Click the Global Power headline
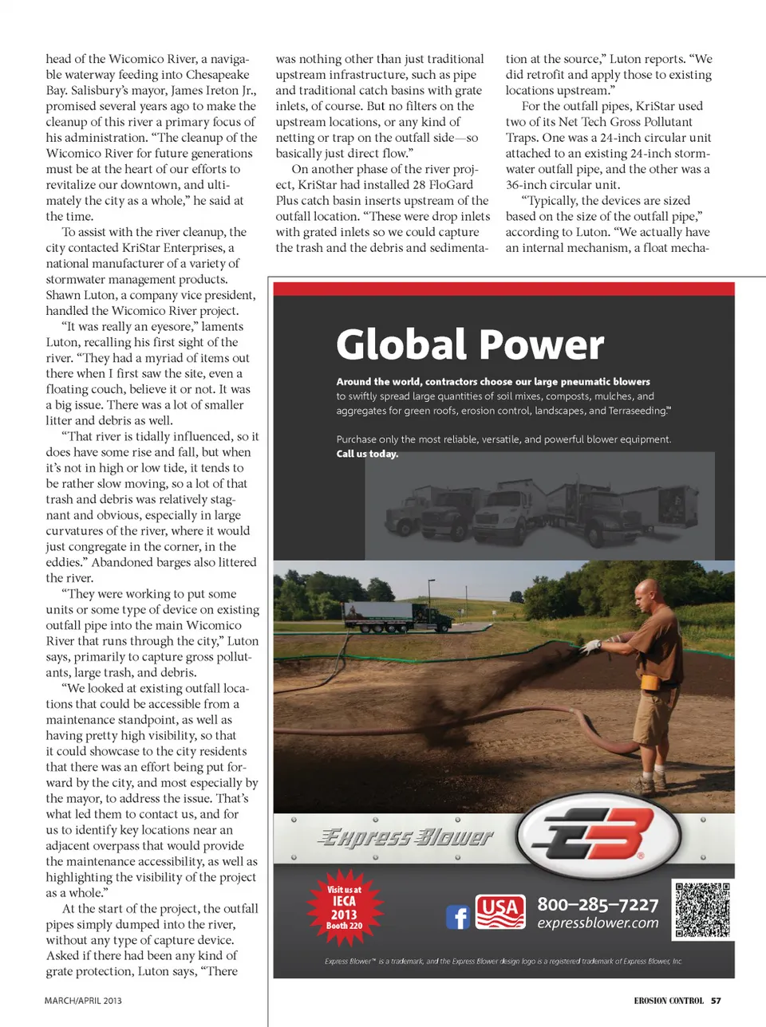point(470,344)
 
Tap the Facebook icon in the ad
point(457,917)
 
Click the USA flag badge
point(500,912)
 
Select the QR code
point(702,910)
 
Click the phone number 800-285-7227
point(598,904)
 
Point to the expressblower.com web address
point(598,923)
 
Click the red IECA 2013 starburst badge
point(345,907)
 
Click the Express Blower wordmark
point(405,837)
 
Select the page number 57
point(716,1001)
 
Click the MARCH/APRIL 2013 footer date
point(83,1001)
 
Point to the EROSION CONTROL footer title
point(669,1001)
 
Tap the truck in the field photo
point(377,616)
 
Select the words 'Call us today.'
point(367,454)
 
